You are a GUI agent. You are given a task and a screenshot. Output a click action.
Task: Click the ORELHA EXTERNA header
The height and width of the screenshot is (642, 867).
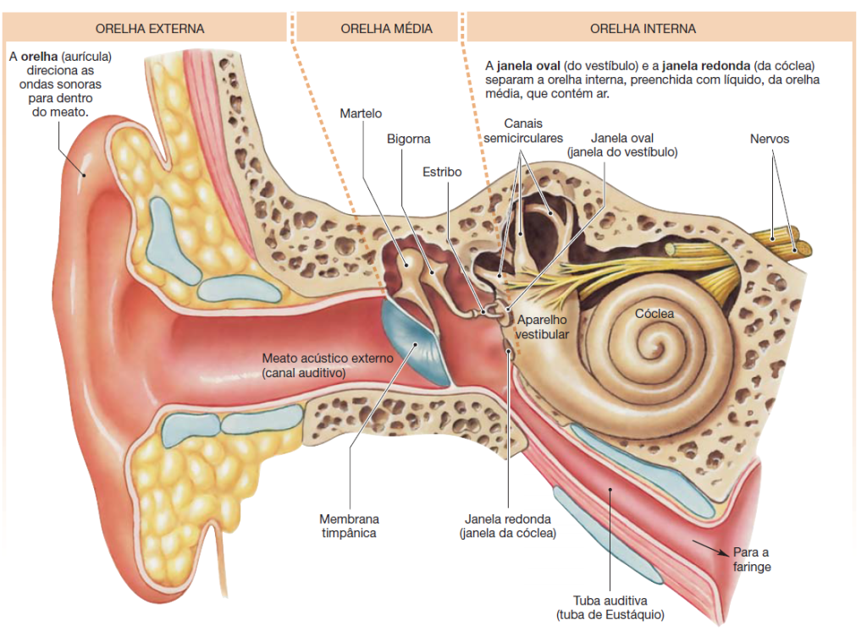click(x=149, y=29)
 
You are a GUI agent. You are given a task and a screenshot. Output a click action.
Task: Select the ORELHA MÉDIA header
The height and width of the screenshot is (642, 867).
click(x=386, y=29)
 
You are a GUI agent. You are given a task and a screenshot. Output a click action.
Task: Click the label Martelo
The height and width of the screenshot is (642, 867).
click(x=361, y=113)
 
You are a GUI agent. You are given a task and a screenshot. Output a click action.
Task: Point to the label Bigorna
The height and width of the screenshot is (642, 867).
click(x=409, y=139)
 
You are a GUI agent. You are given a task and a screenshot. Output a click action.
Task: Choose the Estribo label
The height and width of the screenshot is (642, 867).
click(x=442, y=173)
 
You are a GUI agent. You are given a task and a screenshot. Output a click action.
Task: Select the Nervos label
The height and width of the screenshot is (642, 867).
click(x=769, y=139)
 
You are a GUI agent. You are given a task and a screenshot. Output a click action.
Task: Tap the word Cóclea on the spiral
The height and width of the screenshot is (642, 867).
click(x=654, y=314)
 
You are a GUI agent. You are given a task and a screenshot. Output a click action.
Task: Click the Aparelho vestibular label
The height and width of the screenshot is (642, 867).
click(x=542, y=327)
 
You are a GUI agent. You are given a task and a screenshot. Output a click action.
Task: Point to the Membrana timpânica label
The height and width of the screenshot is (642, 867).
click(x=349, y=525)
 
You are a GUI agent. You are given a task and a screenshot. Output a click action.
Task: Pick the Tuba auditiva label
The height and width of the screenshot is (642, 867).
click(x=610, y=607)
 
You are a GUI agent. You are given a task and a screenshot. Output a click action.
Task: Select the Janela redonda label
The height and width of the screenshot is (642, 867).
click(x=508, y=525)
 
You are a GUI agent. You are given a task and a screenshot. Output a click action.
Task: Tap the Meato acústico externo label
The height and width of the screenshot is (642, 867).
click(x=328, y=365)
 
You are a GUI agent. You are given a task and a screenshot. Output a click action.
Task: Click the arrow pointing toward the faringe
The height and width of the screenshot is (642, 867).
click(x=710, y=546)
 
